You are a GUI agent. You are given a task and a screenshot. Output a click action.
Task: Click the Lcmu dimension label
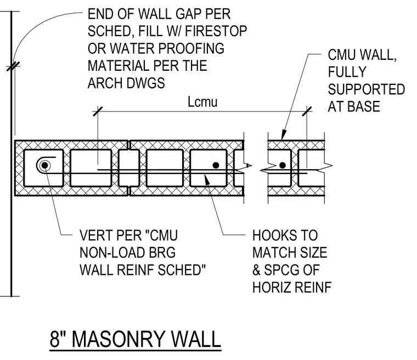202,102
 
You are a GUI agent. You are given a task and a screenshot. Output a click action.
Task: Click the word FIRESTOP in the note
216,31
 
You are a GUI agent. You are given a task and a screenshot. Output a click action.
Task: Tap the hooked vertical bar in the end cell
45,165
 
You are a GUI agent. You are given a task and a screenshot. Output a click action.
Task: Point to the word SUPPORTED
366,89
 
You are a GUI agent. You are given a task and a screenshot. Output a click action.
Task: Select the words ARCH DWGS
126,83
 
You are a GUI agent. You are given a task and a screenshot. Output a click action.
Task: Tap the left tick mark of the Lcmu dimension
98,111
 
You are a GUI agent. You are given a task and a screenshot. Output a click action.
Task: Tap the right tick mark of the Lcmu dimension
307,111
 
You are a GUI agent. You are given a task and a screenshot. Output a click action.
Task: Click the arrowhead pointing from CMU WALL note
284,134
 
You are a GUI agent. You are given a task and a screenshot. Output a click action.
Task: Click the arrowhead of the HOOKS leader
207,179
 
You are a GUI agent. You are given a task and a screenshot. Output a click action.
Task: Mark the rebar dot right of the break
283,165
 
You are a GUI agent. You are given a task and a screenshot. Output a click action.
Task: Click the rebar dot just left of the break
216,165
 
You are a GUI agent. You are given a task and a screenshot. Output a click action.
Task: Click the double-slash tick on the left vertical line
13,66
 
